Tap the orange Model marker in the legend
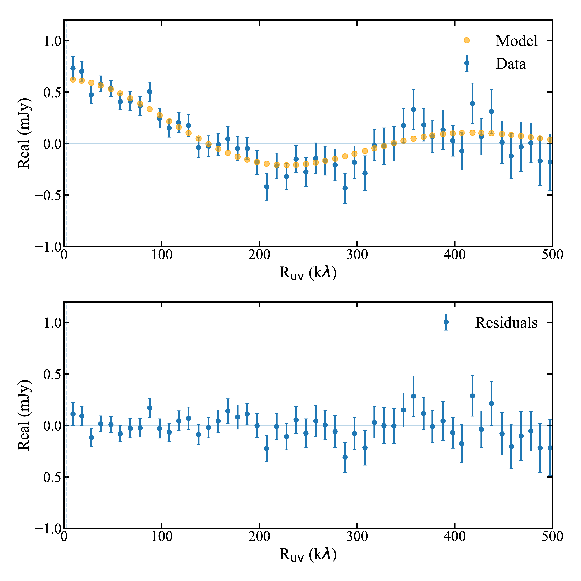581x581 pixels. pos(466,40)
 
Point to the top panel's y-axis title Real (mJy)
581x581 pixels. pos(24,133)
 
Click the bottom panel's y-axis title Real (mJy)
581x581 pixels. pos(24,415)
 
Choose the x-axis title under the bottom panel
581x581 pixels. pos(308,554)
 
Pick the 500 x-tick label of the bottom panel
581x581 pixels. pos(552,536)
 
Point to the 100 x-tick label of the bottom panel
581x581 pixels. pos(162,536)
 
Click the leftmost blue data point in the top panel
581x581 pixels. pos(73,68)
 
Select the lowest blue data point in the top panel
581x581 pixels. pos(345,188)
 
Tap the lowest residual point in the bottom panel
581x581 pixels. pos(345,457)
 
